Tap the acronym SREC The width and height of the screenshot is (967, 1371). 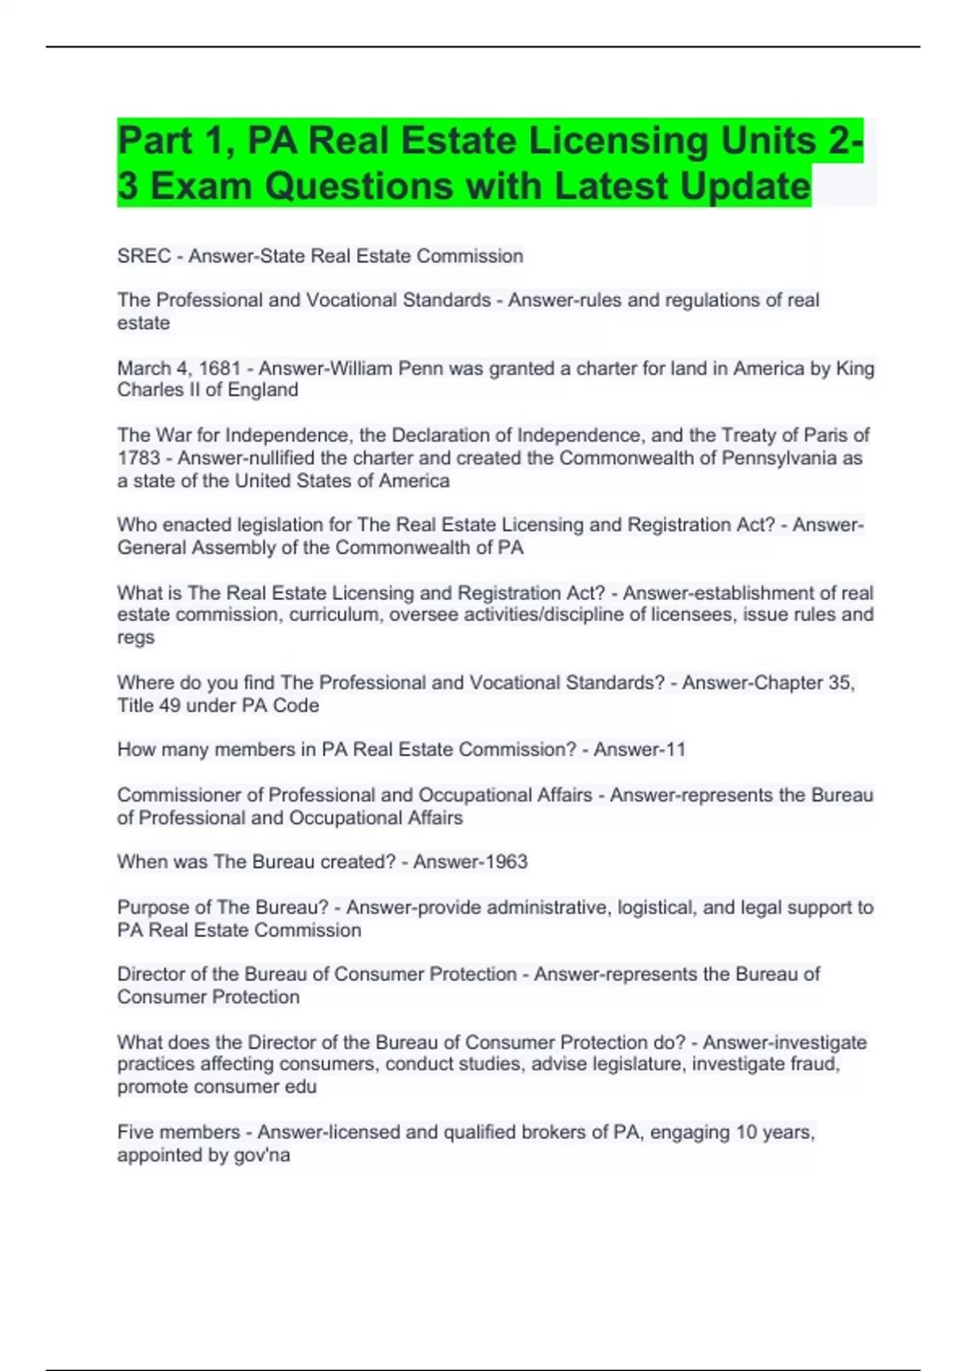tap(143, 256)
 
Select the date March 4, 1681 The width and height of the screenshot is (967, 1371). tap(179, 369)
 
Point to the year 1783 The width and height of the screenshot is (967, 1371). tap(139, 458)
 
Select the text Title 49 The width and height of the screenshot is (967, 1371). tap(148, 706)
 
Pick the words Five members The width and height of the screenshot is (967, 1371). tap(178, 1132)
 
